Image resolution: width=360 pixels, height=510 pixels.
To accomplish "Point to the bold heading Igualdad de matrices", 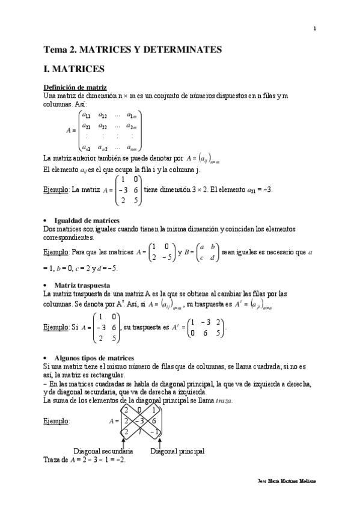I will pyautogui.click(x=87, y=221).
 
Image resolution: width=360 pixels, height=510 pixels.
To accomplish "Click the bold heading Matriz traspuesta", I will pyautogui.click(x=82, y=284).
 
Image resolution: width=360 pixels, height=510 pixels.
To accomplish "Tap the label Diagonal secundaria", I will pyautogui.click(x=103, y=450).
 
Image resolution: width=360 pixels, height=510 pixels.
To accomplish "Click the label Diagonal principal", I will pyautogui.click(x=178, y=450).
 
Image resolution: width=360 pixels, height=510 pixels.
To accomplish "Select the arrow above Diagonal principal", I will pyautogui.click(x=159, y=440).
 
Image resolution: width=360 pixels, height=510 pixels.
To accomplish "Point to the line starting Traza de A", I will pyautogui.click(x=85, y=459).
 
